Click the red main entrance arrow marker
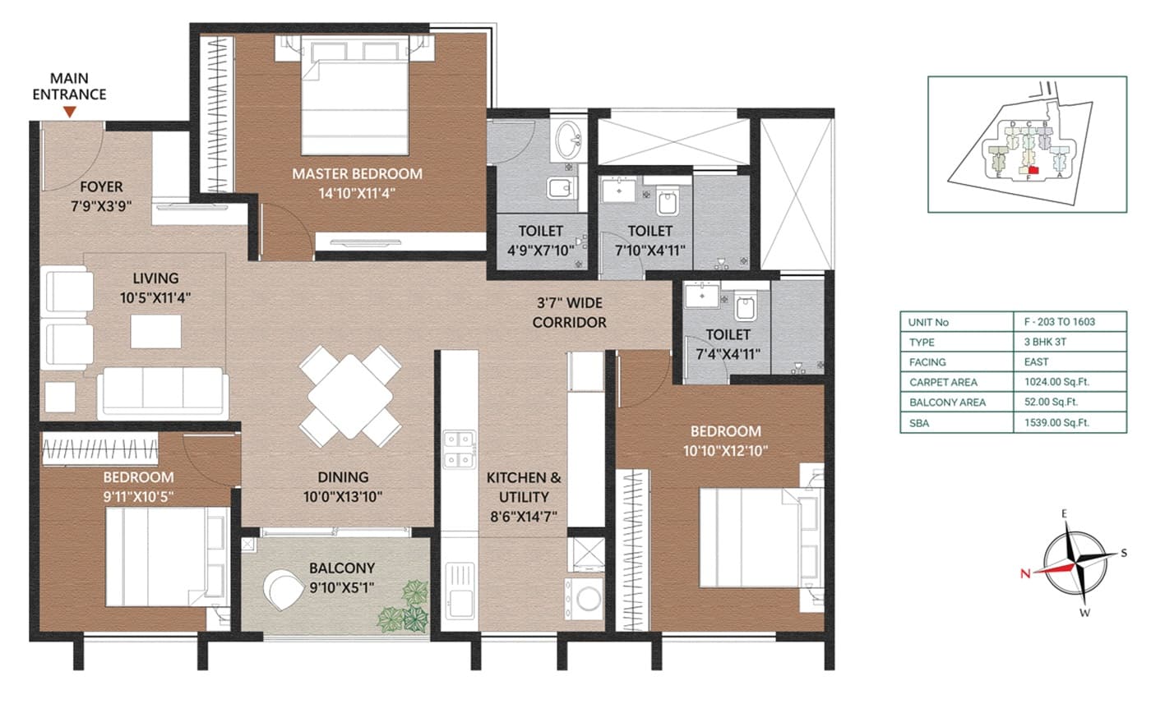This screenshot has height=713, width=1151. [70, 111]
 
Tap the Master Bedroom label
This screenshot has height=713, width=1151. [358, 173]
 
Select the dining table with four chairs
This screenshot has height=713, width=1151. [350, 396]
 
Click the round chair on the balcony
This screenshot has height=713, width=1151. [282, 590]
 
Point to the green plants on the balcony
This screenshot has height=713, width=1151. [404, 605]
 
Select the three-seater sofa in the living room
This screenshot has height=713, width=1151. [162, 393]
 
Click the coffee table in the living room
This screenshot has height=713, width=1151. [156, 331]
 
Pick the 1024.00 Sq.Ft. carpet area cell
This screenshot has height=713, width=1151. [1069, 382]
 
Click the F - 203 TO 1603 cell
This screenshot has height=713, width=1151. [1069, 322]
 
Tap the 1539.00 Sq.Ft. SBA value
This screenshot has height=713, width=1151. [1069, 422]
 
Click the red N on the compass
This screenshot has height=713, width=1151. [1025, 574]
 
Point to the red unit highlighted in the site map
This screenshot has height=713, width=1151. [1033, 170]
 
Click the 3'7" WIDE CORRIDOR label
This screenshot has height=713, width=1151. [569, 313]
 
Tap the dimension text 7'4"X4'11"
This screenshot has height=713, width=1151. [727, 354]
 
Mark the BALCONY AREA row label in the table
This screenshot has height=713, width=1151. [947, 402]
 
